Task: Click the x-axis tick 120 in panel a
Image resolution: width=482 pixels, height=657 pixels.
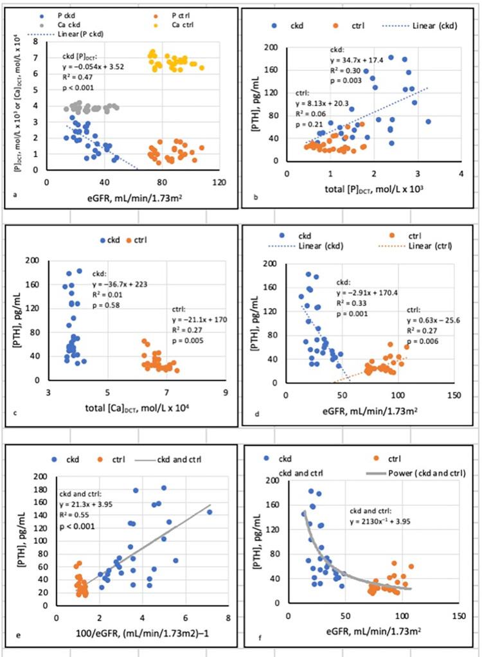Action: pyautogui.click(x=220, y=182)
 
